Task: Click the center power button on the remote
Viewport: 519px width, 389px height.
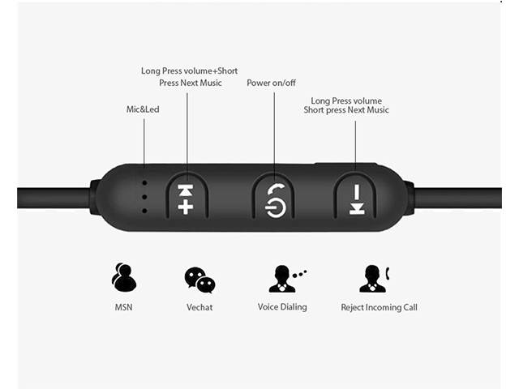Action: (x=273, y=197)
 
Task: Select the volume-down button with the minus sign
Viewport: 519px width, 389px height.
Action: (x=356, y=198)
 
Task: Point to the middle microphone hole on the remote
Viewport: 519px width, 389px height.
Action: (x=144, y=196)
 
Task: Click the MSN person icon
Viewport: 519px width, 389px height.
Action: (x=123, y=278)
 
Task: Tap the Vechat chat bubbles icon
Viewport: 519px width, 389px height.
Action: (x=199, y=280)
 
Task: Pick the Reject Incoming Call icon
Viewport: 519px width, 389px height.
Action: (x=374, y=278)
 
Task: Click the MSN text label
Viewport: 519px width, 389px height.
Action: (x=124, y=307)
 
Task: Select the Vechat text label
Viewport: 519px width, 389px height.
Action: (x=199, y=307)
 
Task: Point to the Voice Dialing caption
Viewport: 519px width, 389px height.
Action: (x=282, y=307)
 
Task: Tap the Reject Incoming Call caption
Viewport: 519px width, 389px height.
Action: (x=379, y=307)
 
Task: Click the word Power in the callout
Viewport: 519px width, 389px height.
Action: (x=259, y=83)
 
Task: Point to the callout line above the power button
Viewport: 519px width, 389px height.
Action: (x=273, y=130)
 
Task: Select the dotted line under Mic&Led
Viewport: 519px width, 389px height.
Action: (x=144, y=142)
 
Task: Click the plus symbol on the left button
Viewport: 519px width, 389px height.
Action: (x=186, y=207)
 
